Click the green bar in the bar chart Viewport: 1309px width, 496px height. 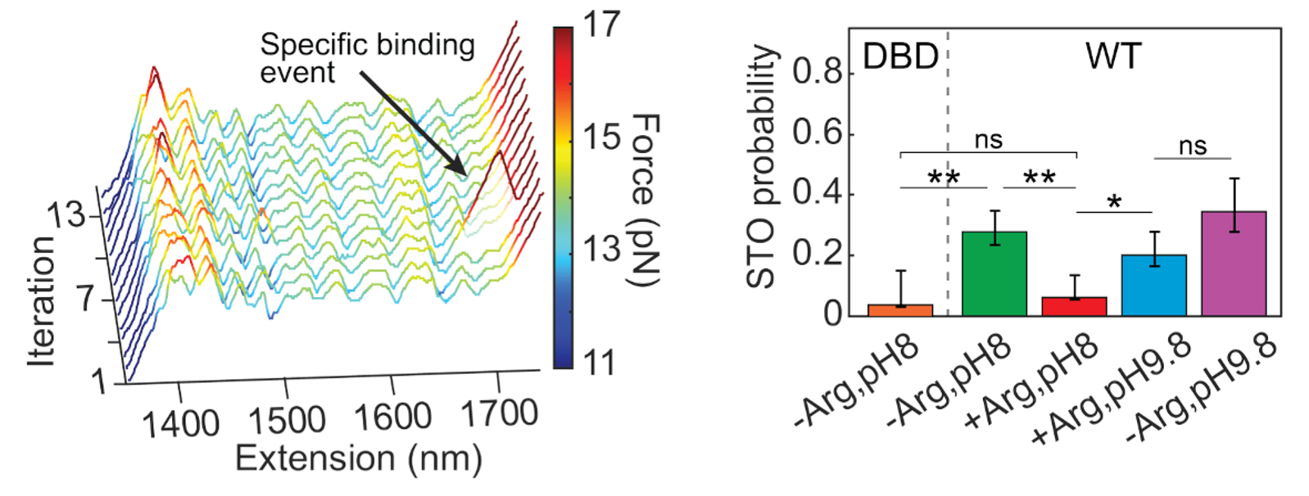(x=994, y=274)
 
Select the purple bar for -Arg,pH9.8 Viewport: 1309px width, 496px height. (x=1234, y=264)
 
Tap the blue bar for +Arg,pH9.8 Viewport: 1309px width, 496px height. (x=1153, y=286)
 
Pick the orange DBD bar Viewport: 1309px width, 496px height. (x=900, y=310)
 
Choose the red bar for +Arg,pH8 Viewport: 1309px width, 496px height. (x=1074, y=306)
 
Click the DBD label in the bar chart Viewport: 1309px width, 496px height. (x=900, y=57)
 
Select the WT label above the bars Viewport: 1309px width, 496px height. (x=1113, y=57)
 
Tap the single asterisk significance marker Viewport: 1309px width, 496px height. (x=1114, y=201)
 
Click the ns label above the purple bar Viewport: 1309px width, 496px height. (x=1193, y=146)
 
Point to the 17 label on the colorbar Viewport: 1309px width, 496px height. (x=602, y=25)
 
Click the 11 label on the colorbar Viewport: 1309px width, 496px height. (x=600, y=362)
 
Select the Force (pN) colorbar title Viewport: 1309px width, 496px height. (x=645, y=201)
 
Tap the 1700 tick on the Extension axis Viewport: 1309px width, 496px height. (x=499, y=413)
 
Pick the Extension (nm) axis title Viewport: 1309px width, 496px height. (x=358, y=458)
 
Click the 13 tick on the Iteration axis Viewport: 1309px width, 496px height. (x=66, y=215)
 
